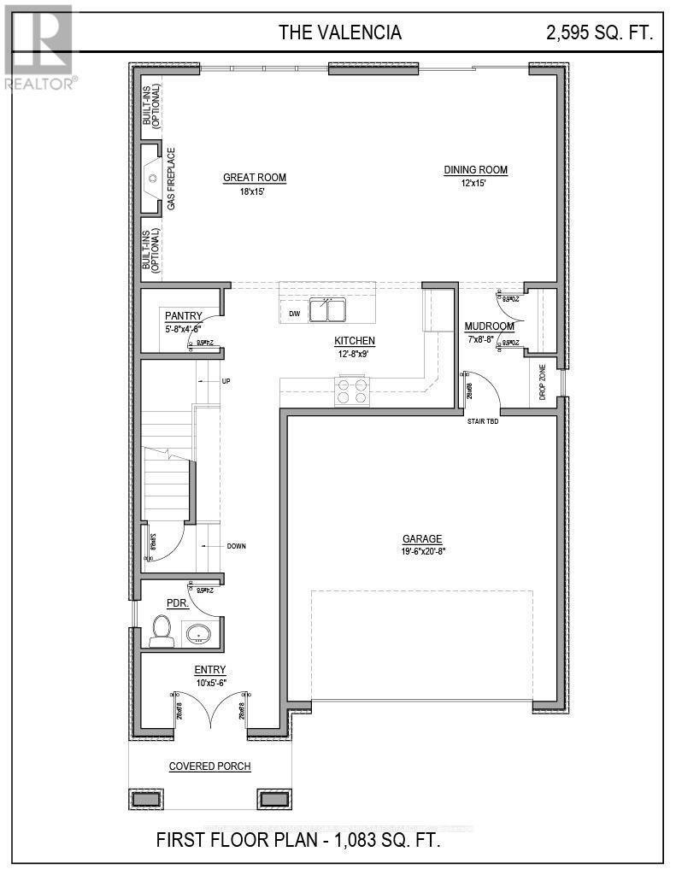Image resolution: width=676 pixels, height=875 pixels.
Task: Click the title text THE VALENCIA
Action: pos(339,33)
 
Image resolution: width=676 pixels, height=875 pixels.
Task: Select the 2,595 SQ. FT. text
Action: pos(600,33)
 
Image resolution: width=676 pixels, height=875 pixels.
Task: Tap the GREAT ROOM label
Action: pos(255,178)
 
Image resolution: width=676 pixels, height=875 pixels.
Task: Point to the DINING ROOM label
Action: pos(475,170)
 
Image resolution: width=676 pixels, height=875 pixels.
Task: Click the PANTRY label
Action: pos(183,315)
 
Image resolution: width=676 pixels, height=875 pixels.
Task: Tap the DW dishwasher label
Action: pos(294,314)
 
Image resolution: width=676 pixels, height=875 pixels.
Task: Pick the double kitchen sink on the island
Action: pos(327,309)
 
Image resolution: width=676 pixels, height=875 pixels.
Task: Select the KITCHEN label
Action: pos(355,340)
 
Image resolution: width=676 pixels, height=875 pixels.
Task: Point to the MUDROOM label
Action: pos(489,326)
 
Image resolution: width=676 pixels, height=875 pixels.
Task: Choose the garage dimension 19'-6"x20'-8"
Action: pos(423,551)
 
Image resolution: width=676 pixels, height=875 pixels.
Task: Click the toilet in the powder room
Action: pos(160,631)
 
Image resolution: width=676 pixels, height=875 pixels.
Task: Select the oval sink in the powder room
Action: pos(199,634)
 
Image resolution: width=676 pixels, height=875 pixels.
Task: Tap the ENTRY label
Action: pos(209,670)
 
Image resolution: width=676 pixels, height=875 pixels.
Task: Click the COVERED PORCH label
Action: pos(209,766)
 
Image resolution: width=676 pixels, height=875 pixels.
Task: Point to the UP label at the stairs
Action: pos(226,380)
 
